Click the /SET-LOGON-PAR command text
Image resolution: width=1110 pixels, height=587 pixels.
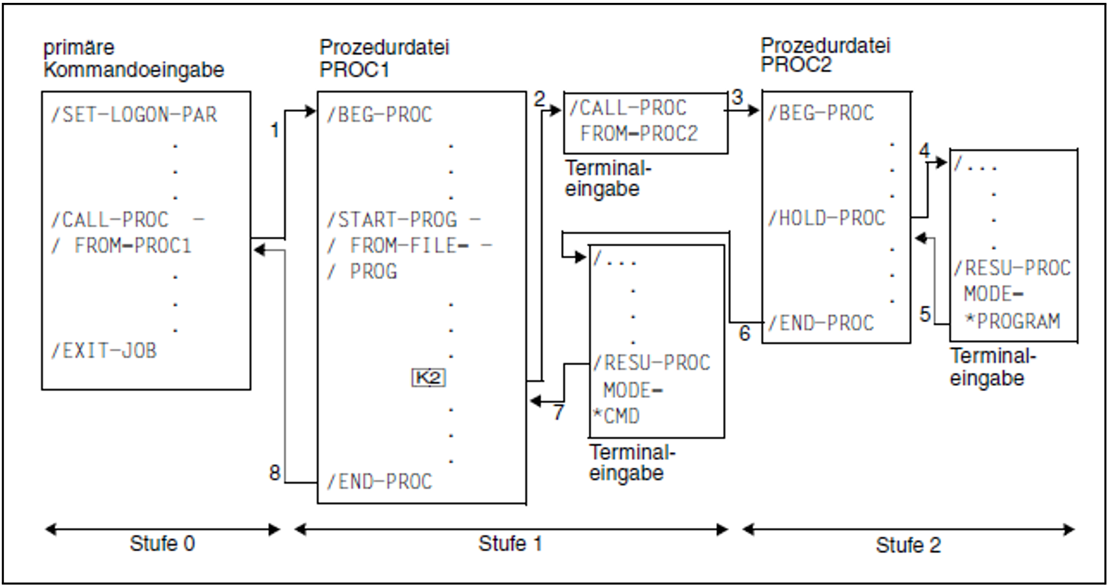[134, 115]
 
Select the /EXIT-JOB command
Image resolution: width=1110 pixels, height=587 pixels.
[103, 350]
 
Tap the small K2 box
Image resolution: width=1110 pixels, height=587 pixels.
[428, 377]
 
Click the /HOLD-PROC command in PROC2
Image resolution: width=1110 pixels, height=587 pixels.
[827, 218]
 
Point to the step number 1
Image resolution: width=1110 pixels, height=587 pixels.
[275, 130]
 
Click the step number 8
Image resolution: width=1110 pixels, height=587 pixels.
[275, 473]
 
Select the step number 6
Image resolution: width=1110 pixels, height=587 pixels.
[745, 333]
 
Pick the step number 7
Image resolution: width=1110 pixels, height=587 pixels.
[559, 412]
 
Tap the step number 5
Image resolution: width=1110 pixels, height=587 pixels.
[925, 314]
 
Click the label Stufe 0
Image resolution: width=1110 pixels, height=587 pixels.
[162, 543]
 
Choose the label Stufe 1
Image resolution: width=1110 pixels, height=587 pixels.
[510, 543]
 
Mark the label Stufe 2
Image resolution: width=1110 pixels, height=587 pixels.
[908, 545]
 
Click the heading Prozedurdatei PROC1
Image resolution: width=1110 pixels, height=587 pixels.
[384, 58]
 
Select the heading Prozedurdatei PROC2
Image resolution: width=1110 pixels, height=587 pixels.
[825, 55]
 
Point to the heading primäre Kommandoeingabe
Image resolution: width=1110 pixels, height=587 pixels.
[133, 58]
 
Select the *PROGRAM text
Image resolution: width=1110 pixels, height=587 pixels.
[1012, 321]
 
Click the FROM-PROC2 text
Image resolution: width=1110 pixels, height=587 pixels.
[639, 134]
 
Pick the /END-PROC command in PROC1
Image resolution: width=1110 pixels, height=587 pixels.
[379, 481]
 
